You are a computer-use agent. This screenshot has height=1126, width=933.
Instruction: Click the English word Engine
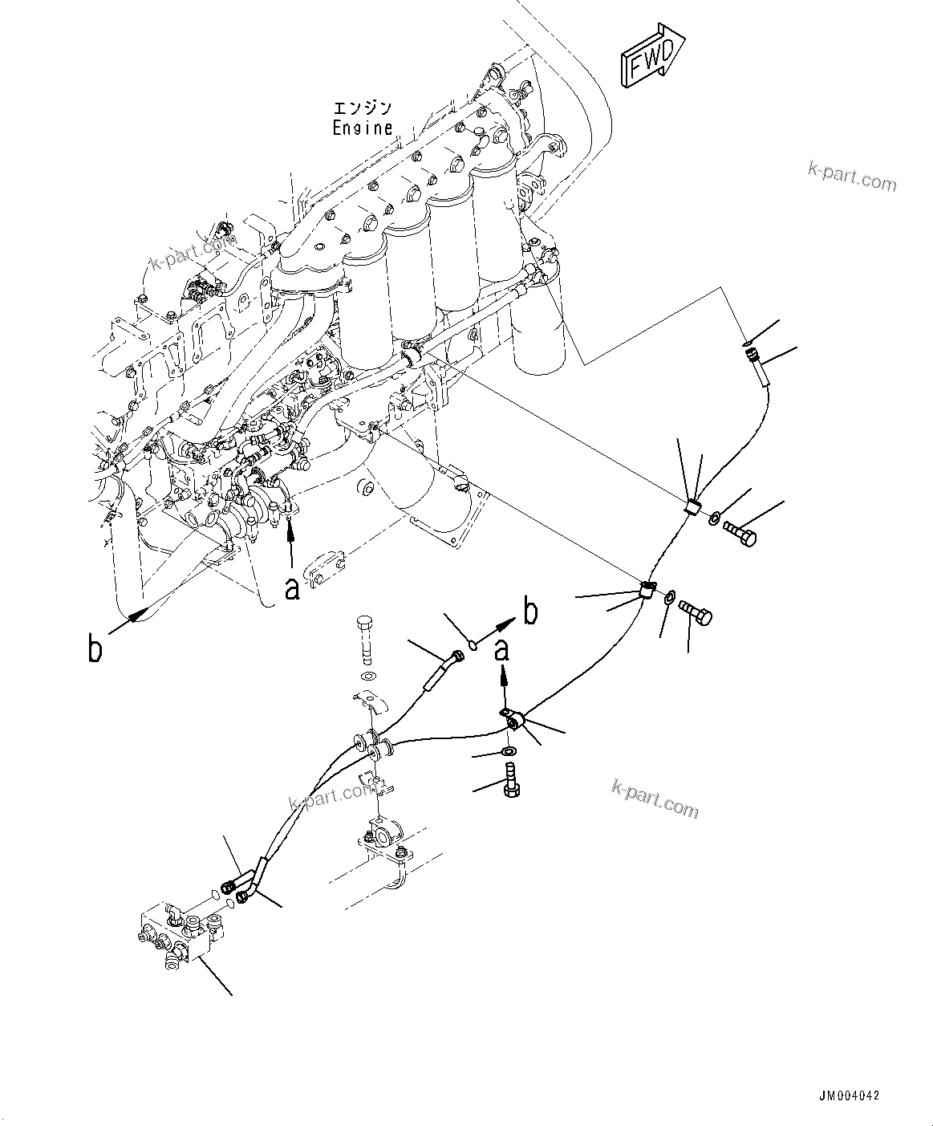[x=363, y=128]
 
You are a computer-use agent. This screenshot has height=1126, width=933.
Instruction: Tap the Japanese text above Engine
[x=363, y=108]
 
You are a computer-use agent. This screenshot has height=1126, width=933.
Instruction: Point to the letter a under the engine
[x=293, y=588]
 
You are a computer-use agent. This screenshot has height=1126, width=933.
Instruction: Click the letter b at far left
[x=95, y=648]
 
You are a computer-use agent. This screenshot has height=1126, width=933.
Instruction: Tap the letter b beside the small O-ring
[x=529, y=612]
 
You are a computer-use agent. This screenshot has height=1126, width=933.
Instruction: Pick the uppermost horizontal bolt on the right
[x=739, y=532]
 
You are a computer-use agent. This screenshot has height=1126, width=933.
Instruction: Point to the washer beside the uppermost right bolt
[x=713, y=518]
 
